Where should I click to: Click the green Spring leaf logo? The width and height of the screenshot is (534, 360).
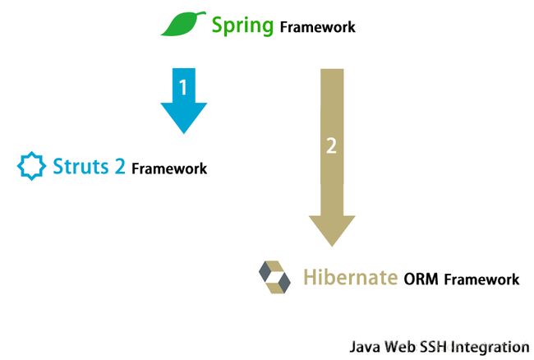[x=183, y=24]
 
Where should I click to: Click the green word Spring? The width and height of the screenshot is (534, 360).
[x=242, y=25]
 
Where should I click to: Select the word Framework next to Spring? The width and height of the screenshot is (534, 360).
[x=317, y=27]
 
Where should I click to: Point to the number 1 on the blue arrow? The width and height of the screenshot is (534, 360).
[x=183, y=87]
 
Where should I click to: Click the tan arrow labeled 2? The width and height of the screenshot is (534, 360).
[x=332, y=158]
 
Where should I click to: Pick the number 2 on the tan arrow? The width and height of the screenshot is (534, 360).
[x=331, y=145]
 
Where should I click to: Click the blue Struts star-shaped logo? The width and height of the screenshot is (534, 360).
[x=32, y=166]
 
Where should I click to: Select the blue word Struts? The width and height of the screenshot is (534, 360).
[x=81, y=166]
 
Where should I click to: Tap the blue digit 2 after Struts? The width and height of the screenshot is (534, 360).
[x=120, y=166]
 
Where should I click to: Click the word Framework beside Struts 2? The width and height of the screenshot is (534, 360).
[x=169, y=168]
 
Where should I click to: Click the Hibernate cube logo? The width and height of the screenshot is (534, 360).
[x=274, y=277]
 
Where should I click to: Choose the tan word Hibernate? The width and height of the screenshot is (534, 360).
[x=351, y=277]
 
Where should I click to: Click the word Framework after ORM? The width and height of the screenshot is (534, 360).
[x=482, y=279]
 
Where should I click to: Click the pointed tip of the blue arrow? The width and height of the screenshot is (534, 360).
[x=184, y=133]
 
